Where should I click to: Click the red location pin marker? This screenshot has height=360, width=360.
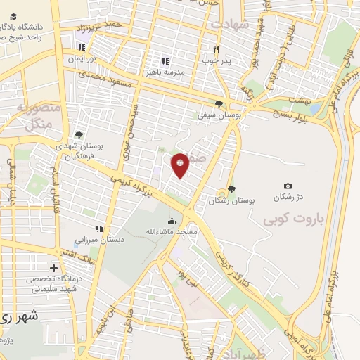click(x=181, y=165)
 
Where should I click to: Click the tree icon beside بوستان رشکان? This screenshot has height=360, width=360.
click(x=231, y=188)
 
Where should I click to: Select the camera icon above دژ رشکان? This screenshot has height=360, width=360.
click(x=288, y=185)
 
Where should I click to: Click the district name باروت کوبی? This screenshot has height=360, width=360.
click(x=292, y=220)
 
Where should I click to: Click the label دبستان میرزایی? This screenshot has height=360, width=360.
click(x=100, y=240)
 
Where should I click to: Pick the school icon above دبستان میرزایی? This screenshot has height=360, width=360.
click(x=100, y=229)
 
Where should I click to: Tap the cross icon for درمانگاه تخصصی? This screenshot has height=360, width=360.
click(x=53, y=268)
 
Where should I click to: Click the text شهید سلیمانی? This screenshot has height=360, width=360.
click(x=53, y=290)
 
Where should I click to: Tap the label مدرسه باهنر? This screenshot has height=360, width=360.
click(x=165, y=72)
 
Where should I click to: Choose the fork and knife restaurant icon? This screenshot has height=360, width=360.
click(x=217, y=49)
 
